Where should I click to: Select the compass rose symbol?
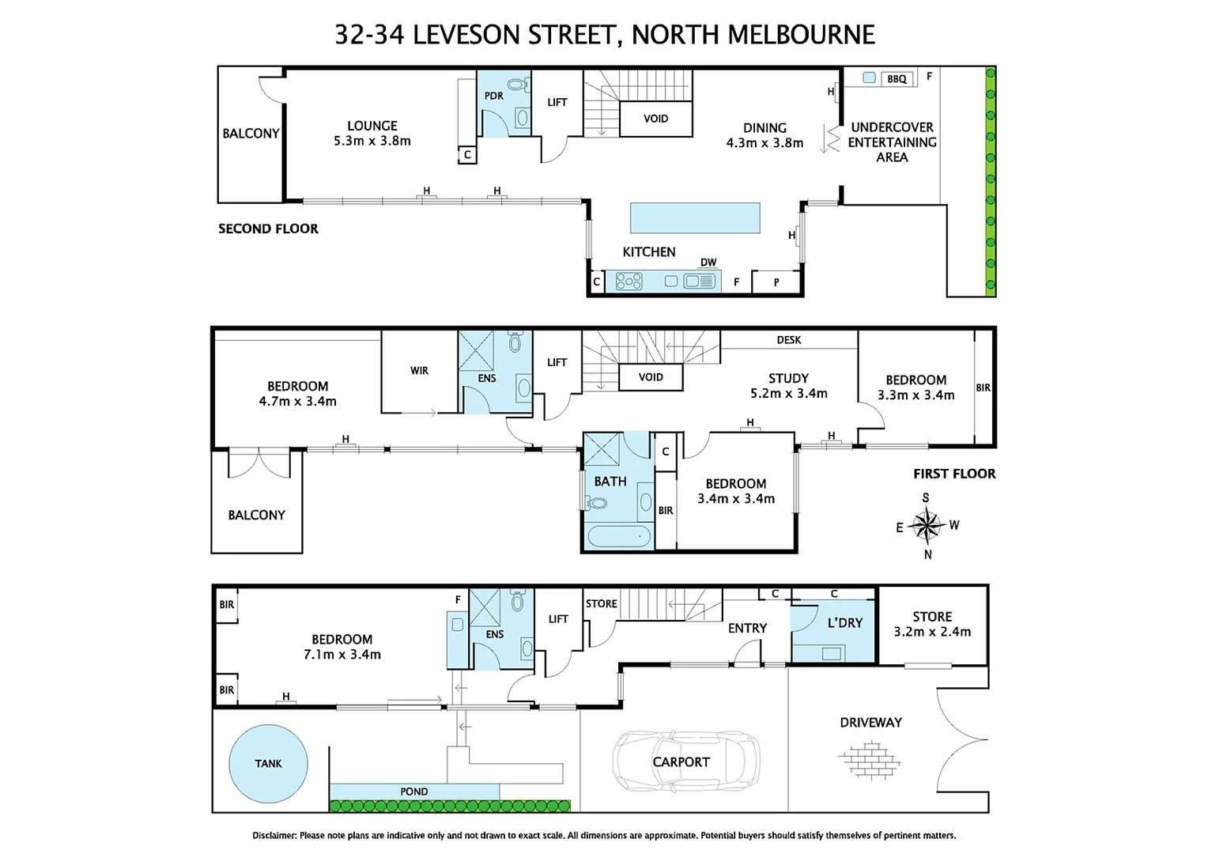pos(926,525)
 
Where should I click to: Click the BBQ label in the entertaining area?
pos(897,79)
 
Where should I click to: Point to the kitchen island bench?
pos(694,217)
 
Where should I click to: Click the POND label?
pos(413,792)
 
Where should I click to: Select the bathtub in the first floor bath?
pos(619,538)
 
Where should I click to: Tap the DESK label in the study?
pos(788,340)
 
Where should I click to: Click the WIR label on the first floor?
pos(419,370)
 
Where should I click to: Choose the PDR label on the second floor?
pos(493,96)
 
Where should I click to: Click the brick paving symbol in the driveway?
pos(869,760)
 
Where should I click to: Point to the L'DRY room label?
pos(844,623)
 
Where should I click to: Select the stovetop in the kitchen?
pos(629,281)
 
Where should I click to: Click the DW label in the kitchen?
pos(708,263)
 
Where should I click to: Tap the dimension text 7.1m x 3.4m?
pos(342,654)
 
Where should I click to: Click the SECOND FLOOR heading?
pos(268,229)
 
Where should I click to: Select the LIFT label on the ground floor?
pos(558,619)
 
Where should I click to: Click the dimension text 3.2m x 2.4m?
pos(932,631)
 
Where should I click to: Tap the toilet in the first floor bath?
pos(597,502)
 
